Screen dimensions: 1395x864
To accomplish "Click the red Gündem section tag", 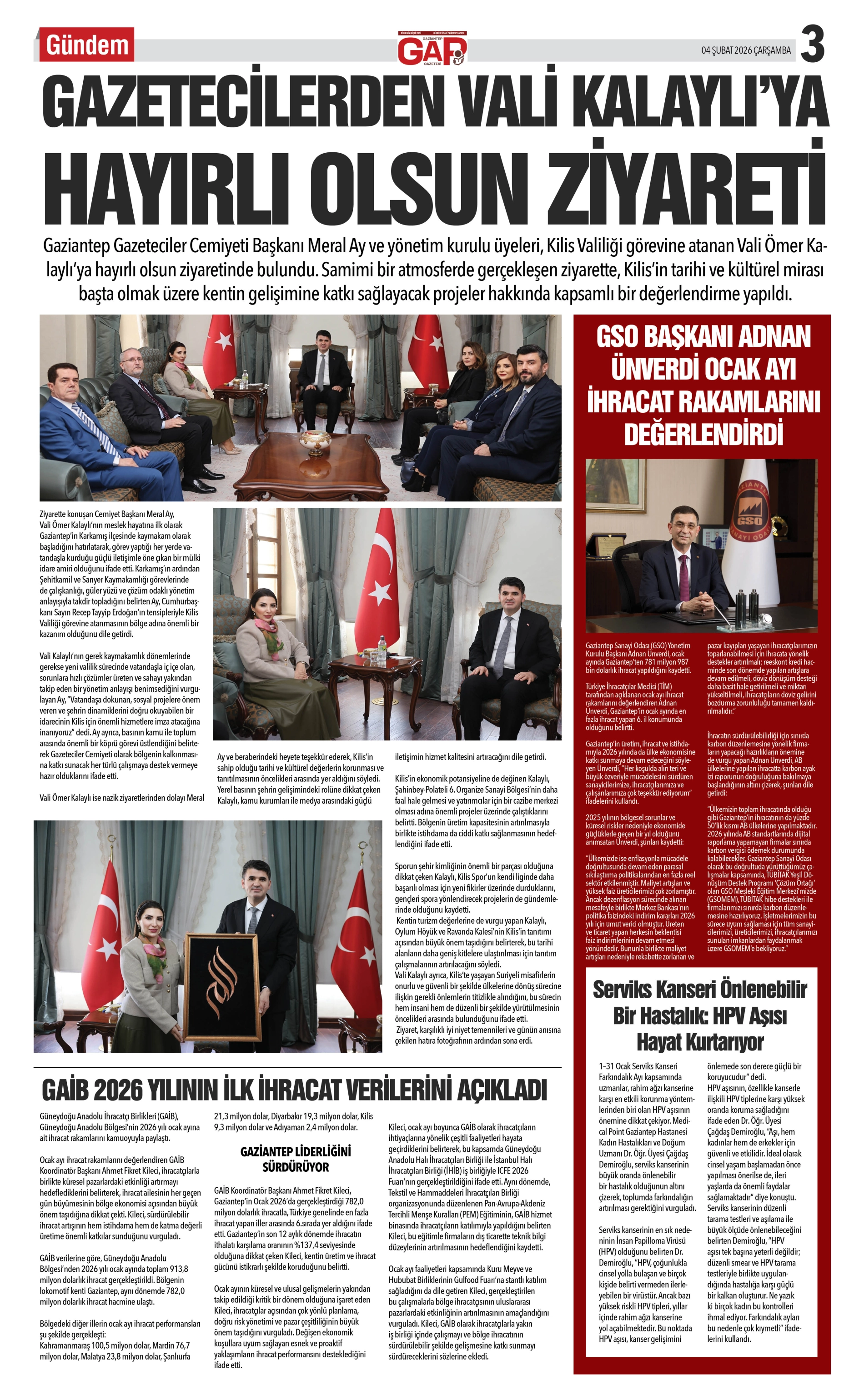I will click(x=87, y=45).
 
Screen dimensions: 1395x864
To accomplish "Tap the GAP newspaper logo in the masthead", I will click(x=432, y=49).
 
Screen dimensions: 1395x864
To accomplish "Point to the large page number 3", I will click(x=812, y=45).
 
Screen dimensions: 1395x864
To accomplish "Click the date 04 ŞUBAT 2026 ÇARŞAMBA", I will click(x=746, y=50).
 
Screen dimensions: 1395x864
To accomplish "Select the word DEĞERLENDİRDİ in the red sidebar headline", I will click(x=703, y=434).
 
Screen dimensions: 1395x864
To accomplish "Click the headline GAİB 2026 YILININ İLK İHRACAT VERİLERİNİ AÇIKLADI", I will click(x=294, y=1090).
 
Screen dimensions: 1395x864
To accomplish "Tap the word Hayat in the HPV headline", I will click(x=662, y=1042).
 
